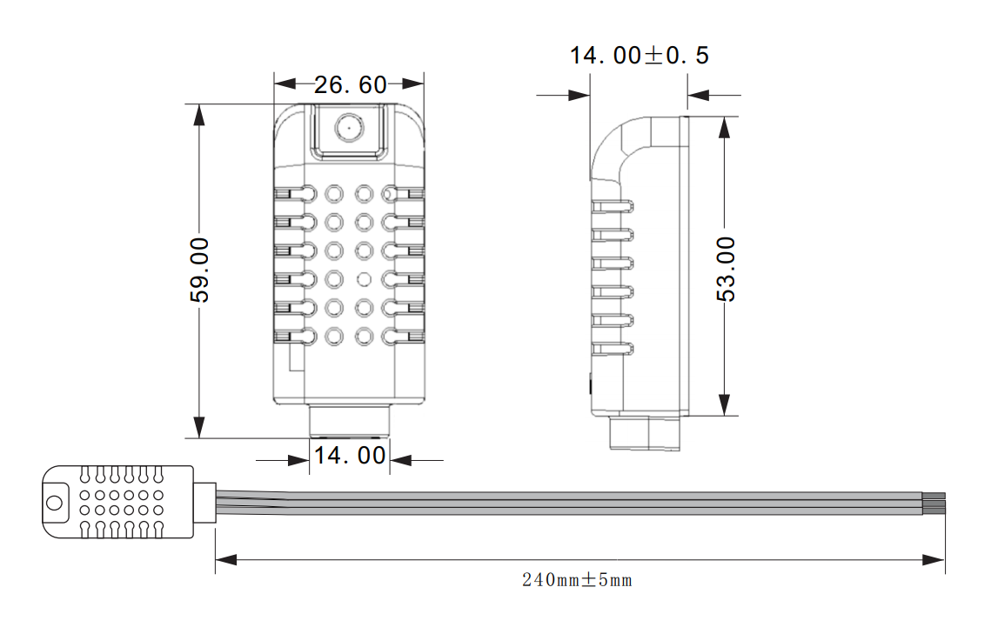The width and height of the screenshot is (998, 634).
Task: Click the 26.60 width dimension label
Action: [350, 84]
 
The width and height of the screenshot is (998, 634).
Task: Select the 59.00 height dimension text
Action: [200, 270]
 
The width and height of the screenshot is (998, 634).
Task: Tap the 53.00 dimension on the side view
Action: [726, 269]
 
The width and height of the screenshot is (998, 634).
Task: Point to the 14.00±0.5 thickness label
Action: [639, 56]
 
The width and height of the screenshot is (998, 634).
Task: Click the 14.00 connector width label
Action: [350, 456]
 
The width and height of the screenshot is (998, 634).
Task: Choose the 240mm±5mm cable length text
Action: [577, 580]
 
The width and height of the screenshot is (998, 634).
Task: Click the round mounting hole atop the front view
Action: [349, 127]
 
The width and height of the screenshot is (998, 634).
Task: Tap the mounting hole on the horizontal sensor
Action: [55, 503]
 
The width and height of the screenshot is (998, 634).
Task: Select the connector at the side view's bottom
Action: [644, 433]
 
